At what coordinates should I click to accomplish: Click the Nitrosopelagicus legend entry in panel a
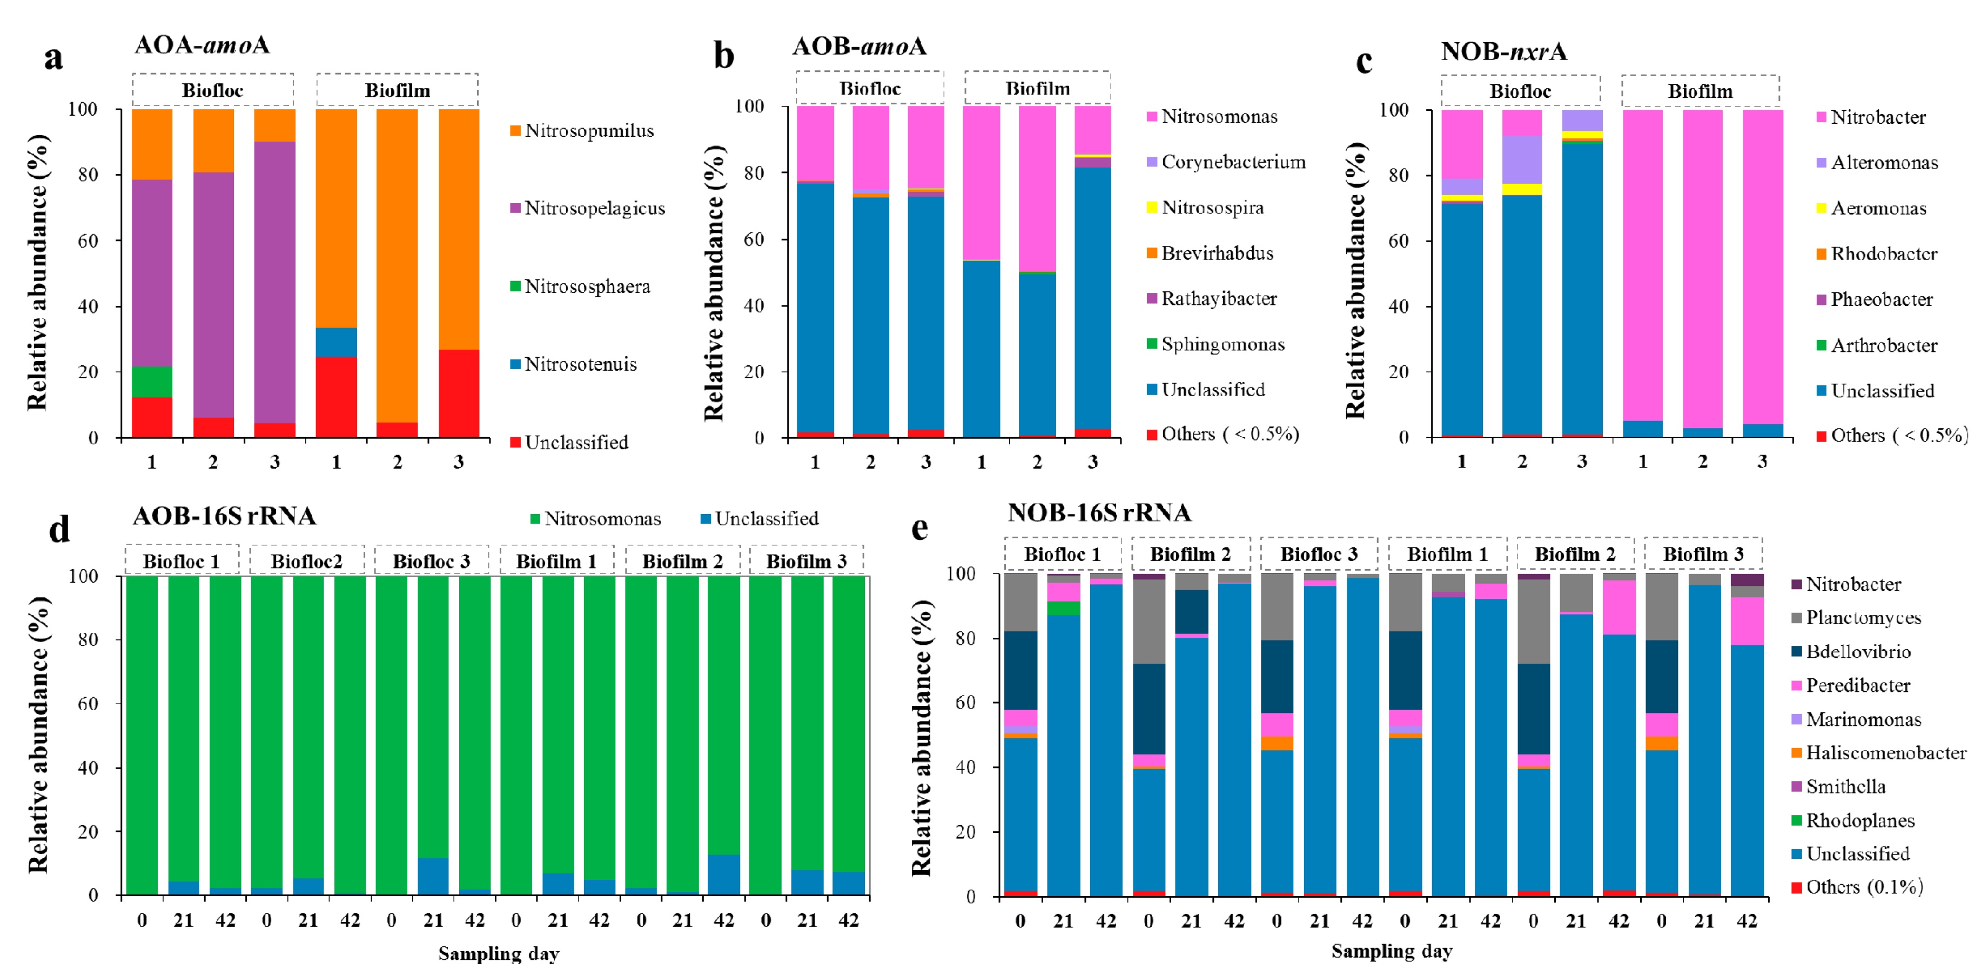pyautogui.click(x=594, y=209)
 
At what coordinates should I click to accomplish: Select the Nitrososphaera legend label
pyautogui.click(x=587, y=286)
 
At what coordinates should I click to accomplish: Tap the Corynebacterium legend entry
pyautogui.click(x=1232, y=162)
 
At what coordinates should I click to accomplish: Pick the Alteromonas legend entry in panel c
pyautogui.click(x=1884, y=163)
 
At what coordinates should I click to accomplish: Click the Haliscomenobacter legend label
pyautogui.click(x=1885, y=753)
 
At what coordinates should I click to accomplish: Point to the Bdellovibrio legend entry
pyautogui.click(x=1858, y=652)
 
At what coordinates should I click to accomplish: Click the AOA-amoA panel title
pyautogui.click(x=202, y=45)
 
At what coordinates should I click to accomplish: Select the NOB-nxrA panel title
pyautogui.click(x=1503, y=51)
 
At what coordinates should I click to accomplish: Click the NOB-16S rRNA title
pyautogui.click(x=1099, y=512)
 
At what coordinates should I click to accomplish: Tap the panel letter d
pyautogui.click(x=59, y=530)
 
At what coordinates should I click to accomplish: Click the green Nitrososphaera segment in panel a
pyautogui.click(x=152, y=382)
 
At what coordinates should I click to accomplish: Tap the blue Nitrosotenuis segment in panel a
pyautogui.click(x=337, y=342)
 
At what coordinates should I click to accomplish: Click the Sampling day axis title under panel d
pyautogui.click(x=499, y=954)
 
